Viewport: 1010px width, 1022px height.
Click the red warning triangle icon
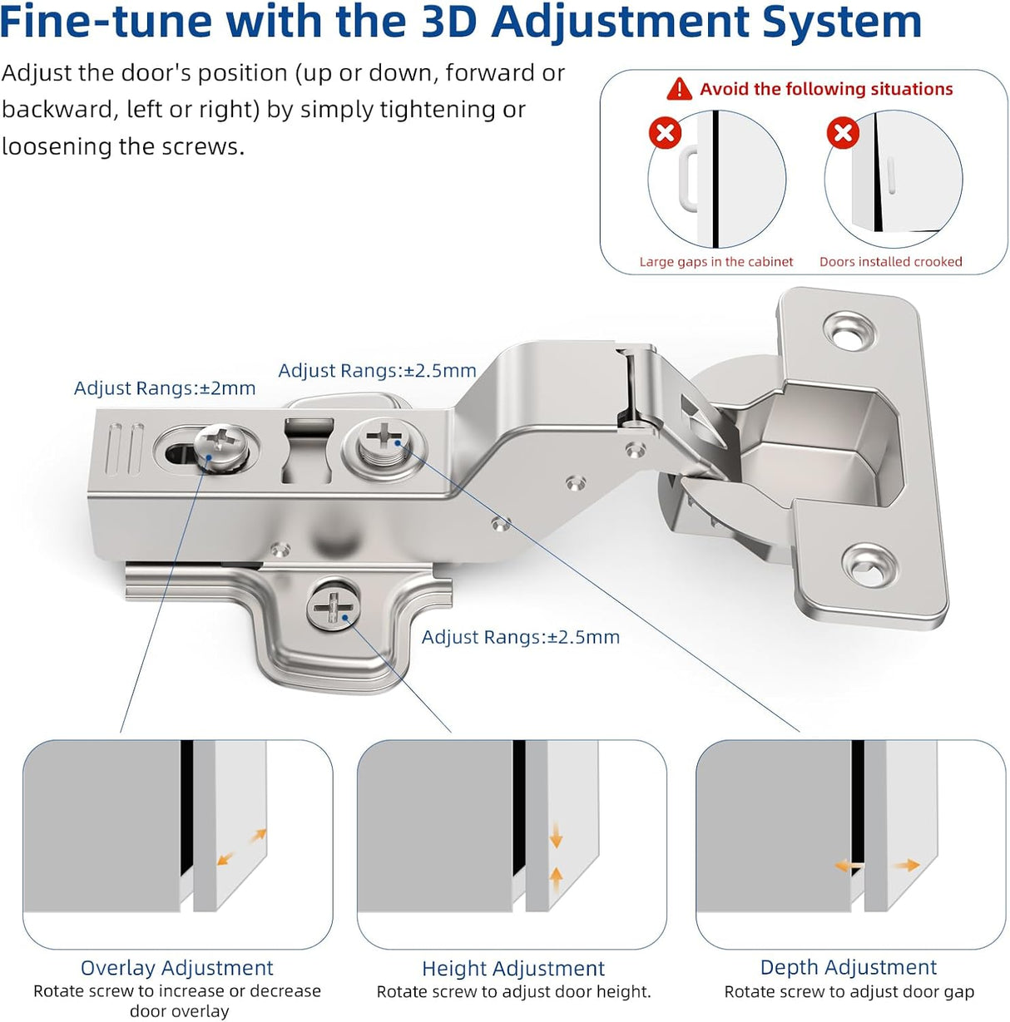point(679,88)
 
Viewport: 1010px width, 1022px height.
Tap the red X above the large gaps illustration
point(665,133)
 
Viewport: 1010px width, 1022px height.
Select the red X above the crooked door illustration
point(842,133)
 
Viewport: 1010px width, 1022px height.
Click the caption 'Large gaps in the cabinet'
point(715,262)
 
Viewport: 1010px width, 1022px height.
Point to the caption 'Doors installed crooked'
point(890,262)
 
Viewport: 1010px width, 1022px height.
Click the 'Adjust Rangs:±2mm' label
point(165,388)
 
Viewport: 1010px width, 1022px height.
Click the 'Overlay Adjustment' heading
point(176,968)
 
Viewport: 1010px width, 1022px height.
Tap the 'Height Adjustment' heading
point(513,969)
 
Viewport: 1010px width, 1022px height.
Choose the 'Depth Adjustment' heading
point(848,968)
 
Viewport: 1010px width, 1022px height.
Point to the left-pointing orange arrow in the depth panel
point(847,866)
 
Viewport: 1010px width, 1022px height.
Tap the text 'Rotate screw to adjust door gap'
point(849,992)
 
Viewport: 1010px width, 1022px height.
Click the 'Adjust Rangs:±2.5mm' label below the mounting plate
point(520,638)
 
